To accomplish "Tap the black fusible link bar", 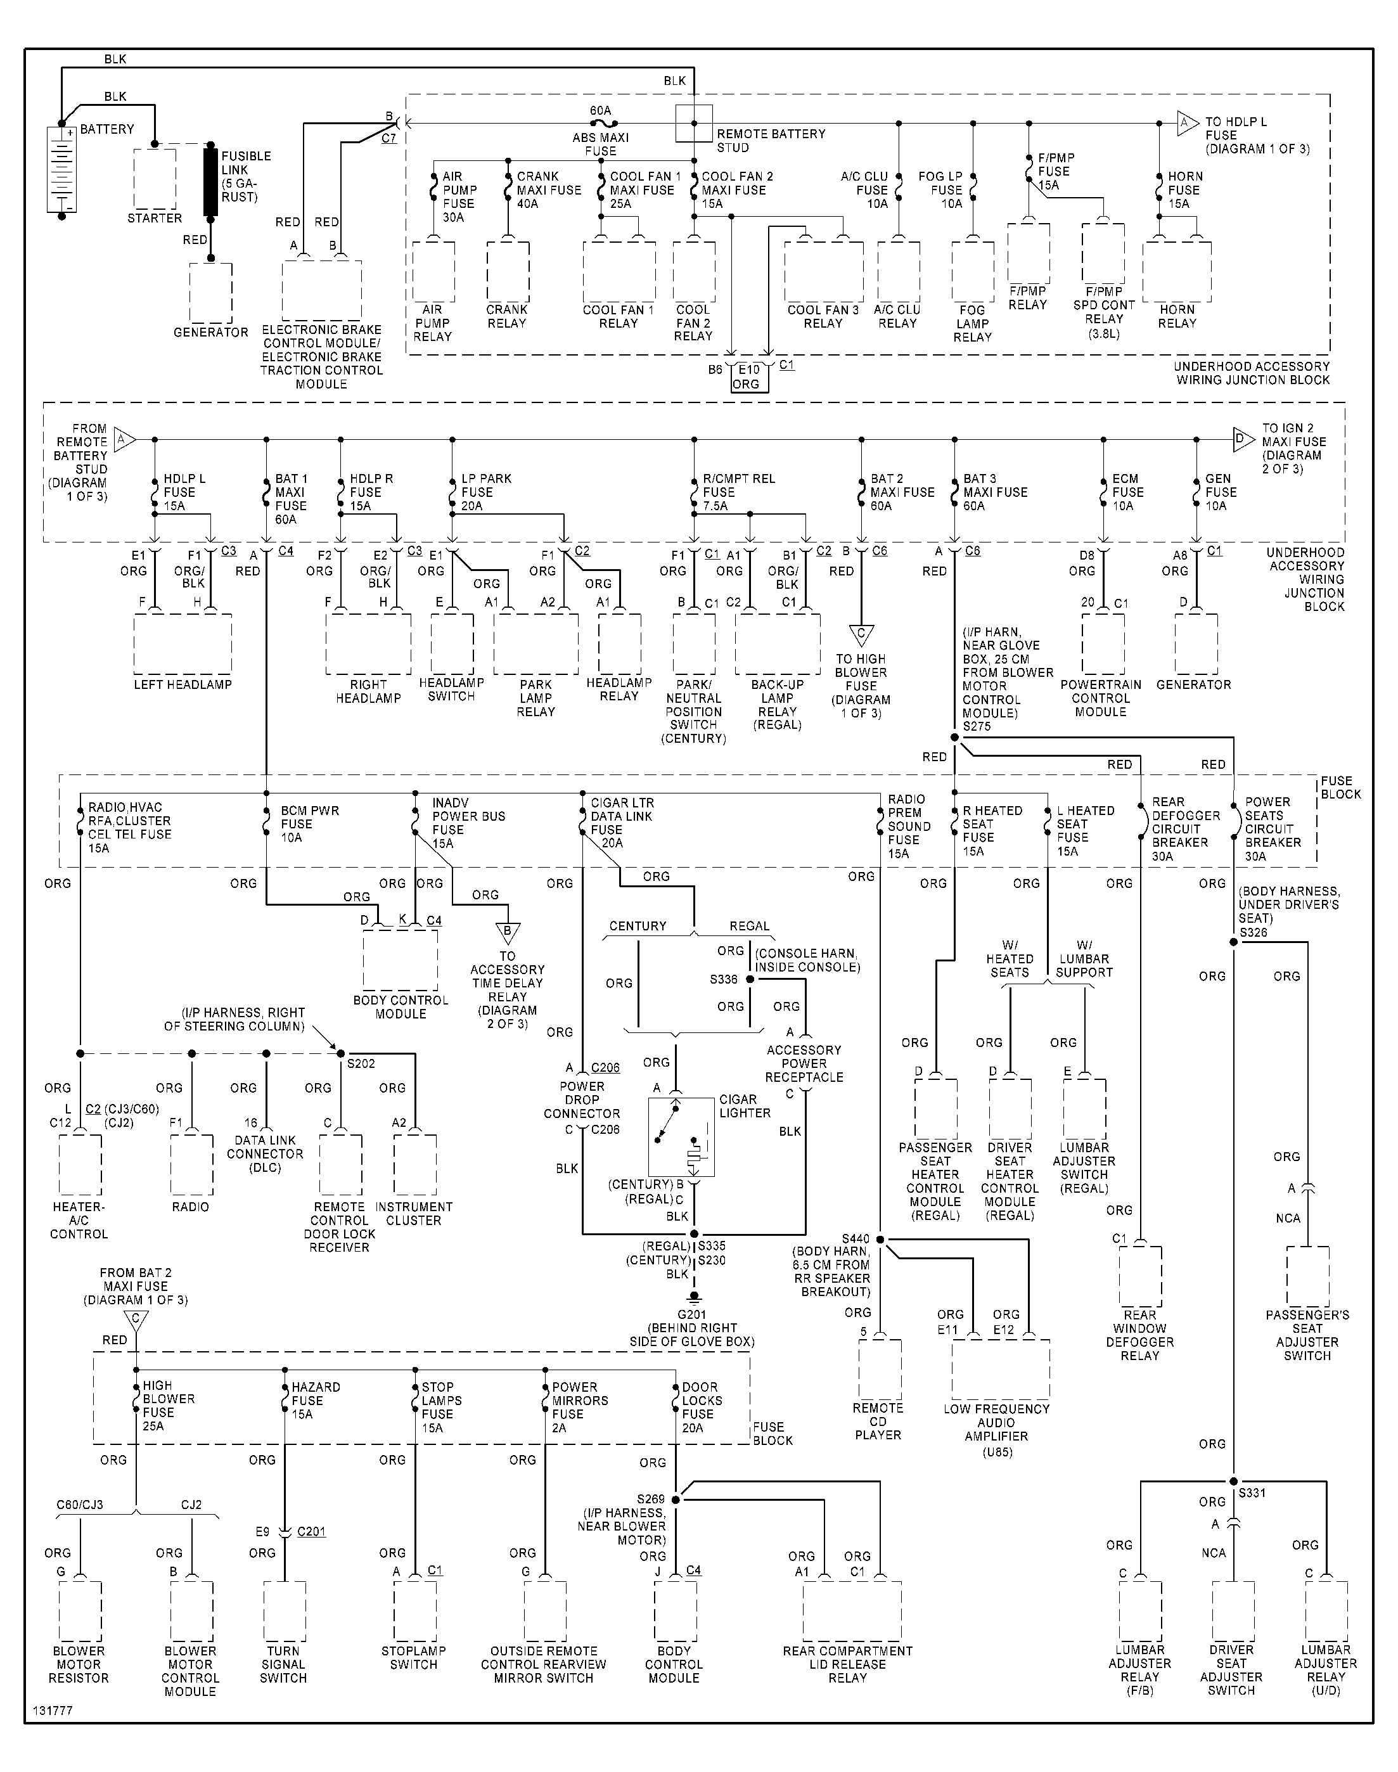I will coord(211,182).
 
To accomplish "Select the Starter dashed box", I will coord(155,179).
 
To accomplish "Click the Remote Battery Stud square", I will coord(694,124).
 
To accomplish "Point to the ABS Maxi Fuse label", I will coord(600,144).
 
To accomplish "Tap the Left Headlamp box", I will coord(183,644).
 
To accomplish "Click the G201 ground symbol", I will coord(694,1297).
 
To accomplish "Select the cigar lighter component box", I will coord(681,1136).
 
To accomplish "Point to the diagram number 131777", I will coord(53,1711).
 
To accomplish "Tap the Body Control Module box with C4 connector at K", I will coord(401,960).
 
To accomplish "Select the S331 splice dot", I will coord(1233,1482).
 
